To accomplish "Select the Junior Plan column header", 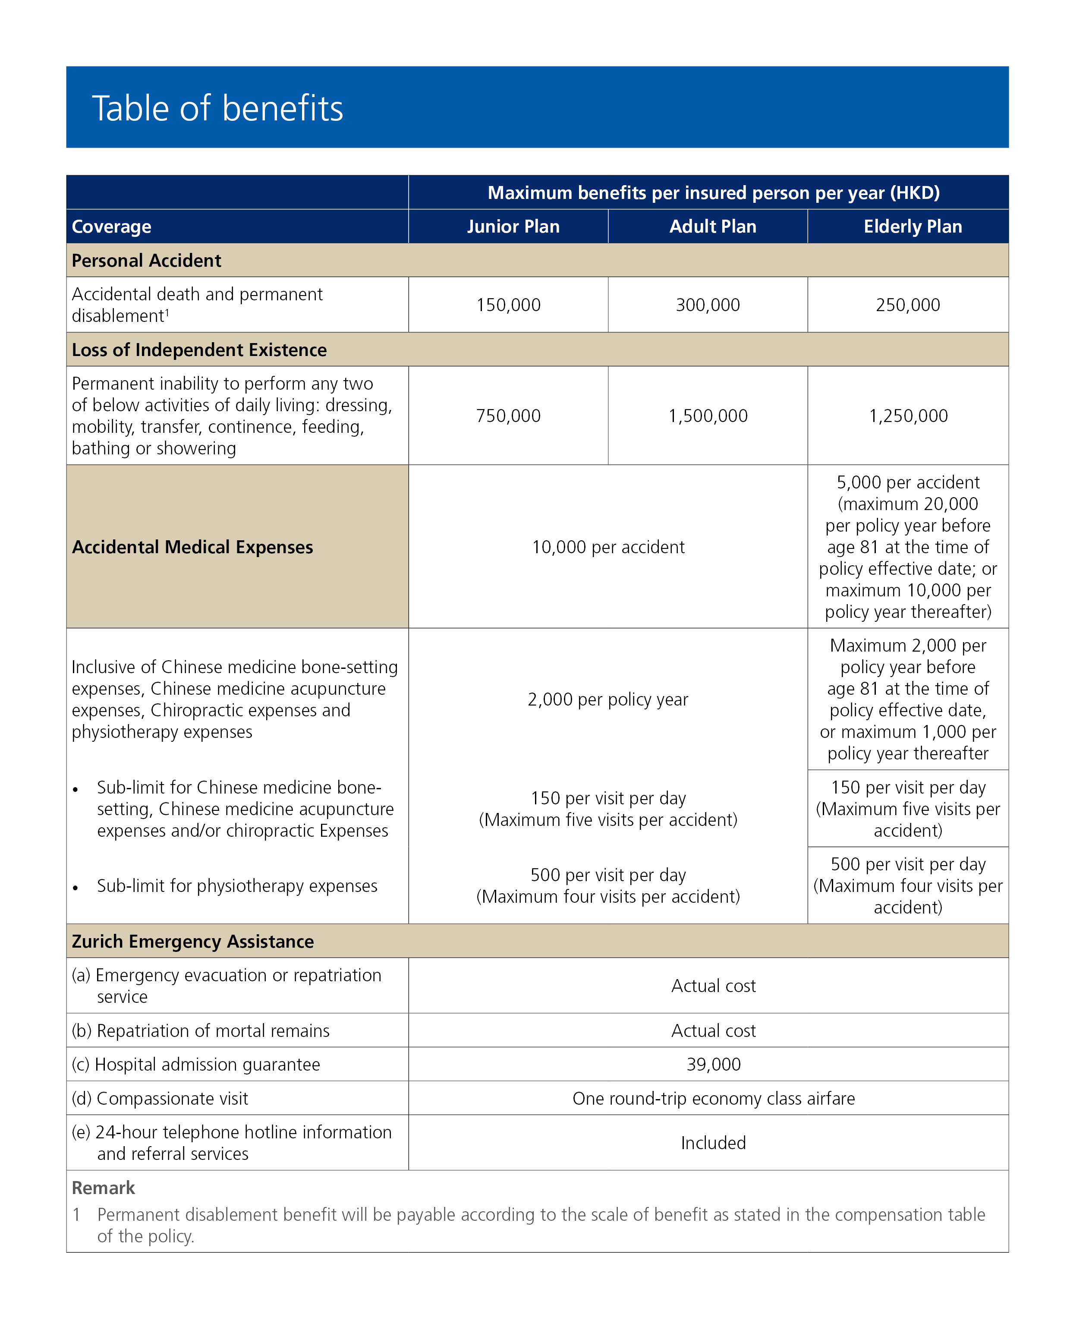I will click(x=513, y=227).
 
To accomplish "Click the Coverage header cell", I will click(x=112, y=227).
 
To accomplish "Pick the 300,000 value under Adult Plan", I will click(x=708, y=305).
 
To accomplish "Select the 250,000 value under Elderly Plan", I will click(x=908, y=305).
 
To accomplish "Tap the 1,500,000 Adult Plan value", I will click(x=708, y=416).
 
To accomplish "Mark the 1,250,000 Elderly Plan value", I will click(x=908, y=416).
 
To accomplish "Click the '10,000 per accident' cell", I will click(x=608, y=547).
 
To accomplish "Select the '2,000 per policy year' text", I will click(x=608, y=699).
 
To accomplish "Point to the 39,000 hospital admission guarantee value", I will click(x=713, y=1064).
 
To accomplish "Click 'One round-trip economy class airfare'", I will click(x=713, y=1098).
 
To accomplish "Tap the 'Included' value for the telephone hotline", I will click(x=713, y=1143).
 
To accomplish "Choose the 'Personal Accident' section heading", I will click(x=146, y=261).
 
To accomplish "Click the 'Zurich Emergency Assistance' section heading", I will click(x=192, y=941).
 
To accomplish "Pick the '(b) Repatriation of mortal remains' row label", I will click(x=200, y=1030).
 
